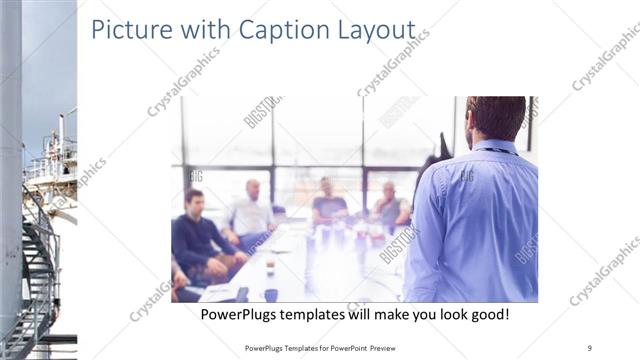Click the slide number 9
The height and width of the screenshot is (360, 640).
[x=589, y=347]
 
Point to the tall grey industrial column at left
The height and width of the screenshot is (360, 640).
[x=10, y=150]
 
